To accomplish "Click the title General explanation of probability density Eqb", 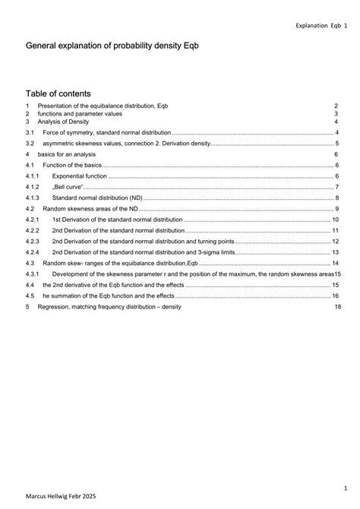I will point(112,46).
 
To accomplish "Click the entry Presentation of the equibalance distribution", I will point(103,106).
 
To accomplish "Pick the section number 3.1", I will point(30,132).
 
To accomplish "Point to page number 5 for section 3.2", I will point(336,144).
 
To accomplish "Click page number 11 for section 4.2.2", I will point(335,230).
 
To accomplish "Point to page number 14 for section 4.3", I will point(335,263).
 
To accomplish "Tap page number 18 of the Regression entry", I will point(337,307).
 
